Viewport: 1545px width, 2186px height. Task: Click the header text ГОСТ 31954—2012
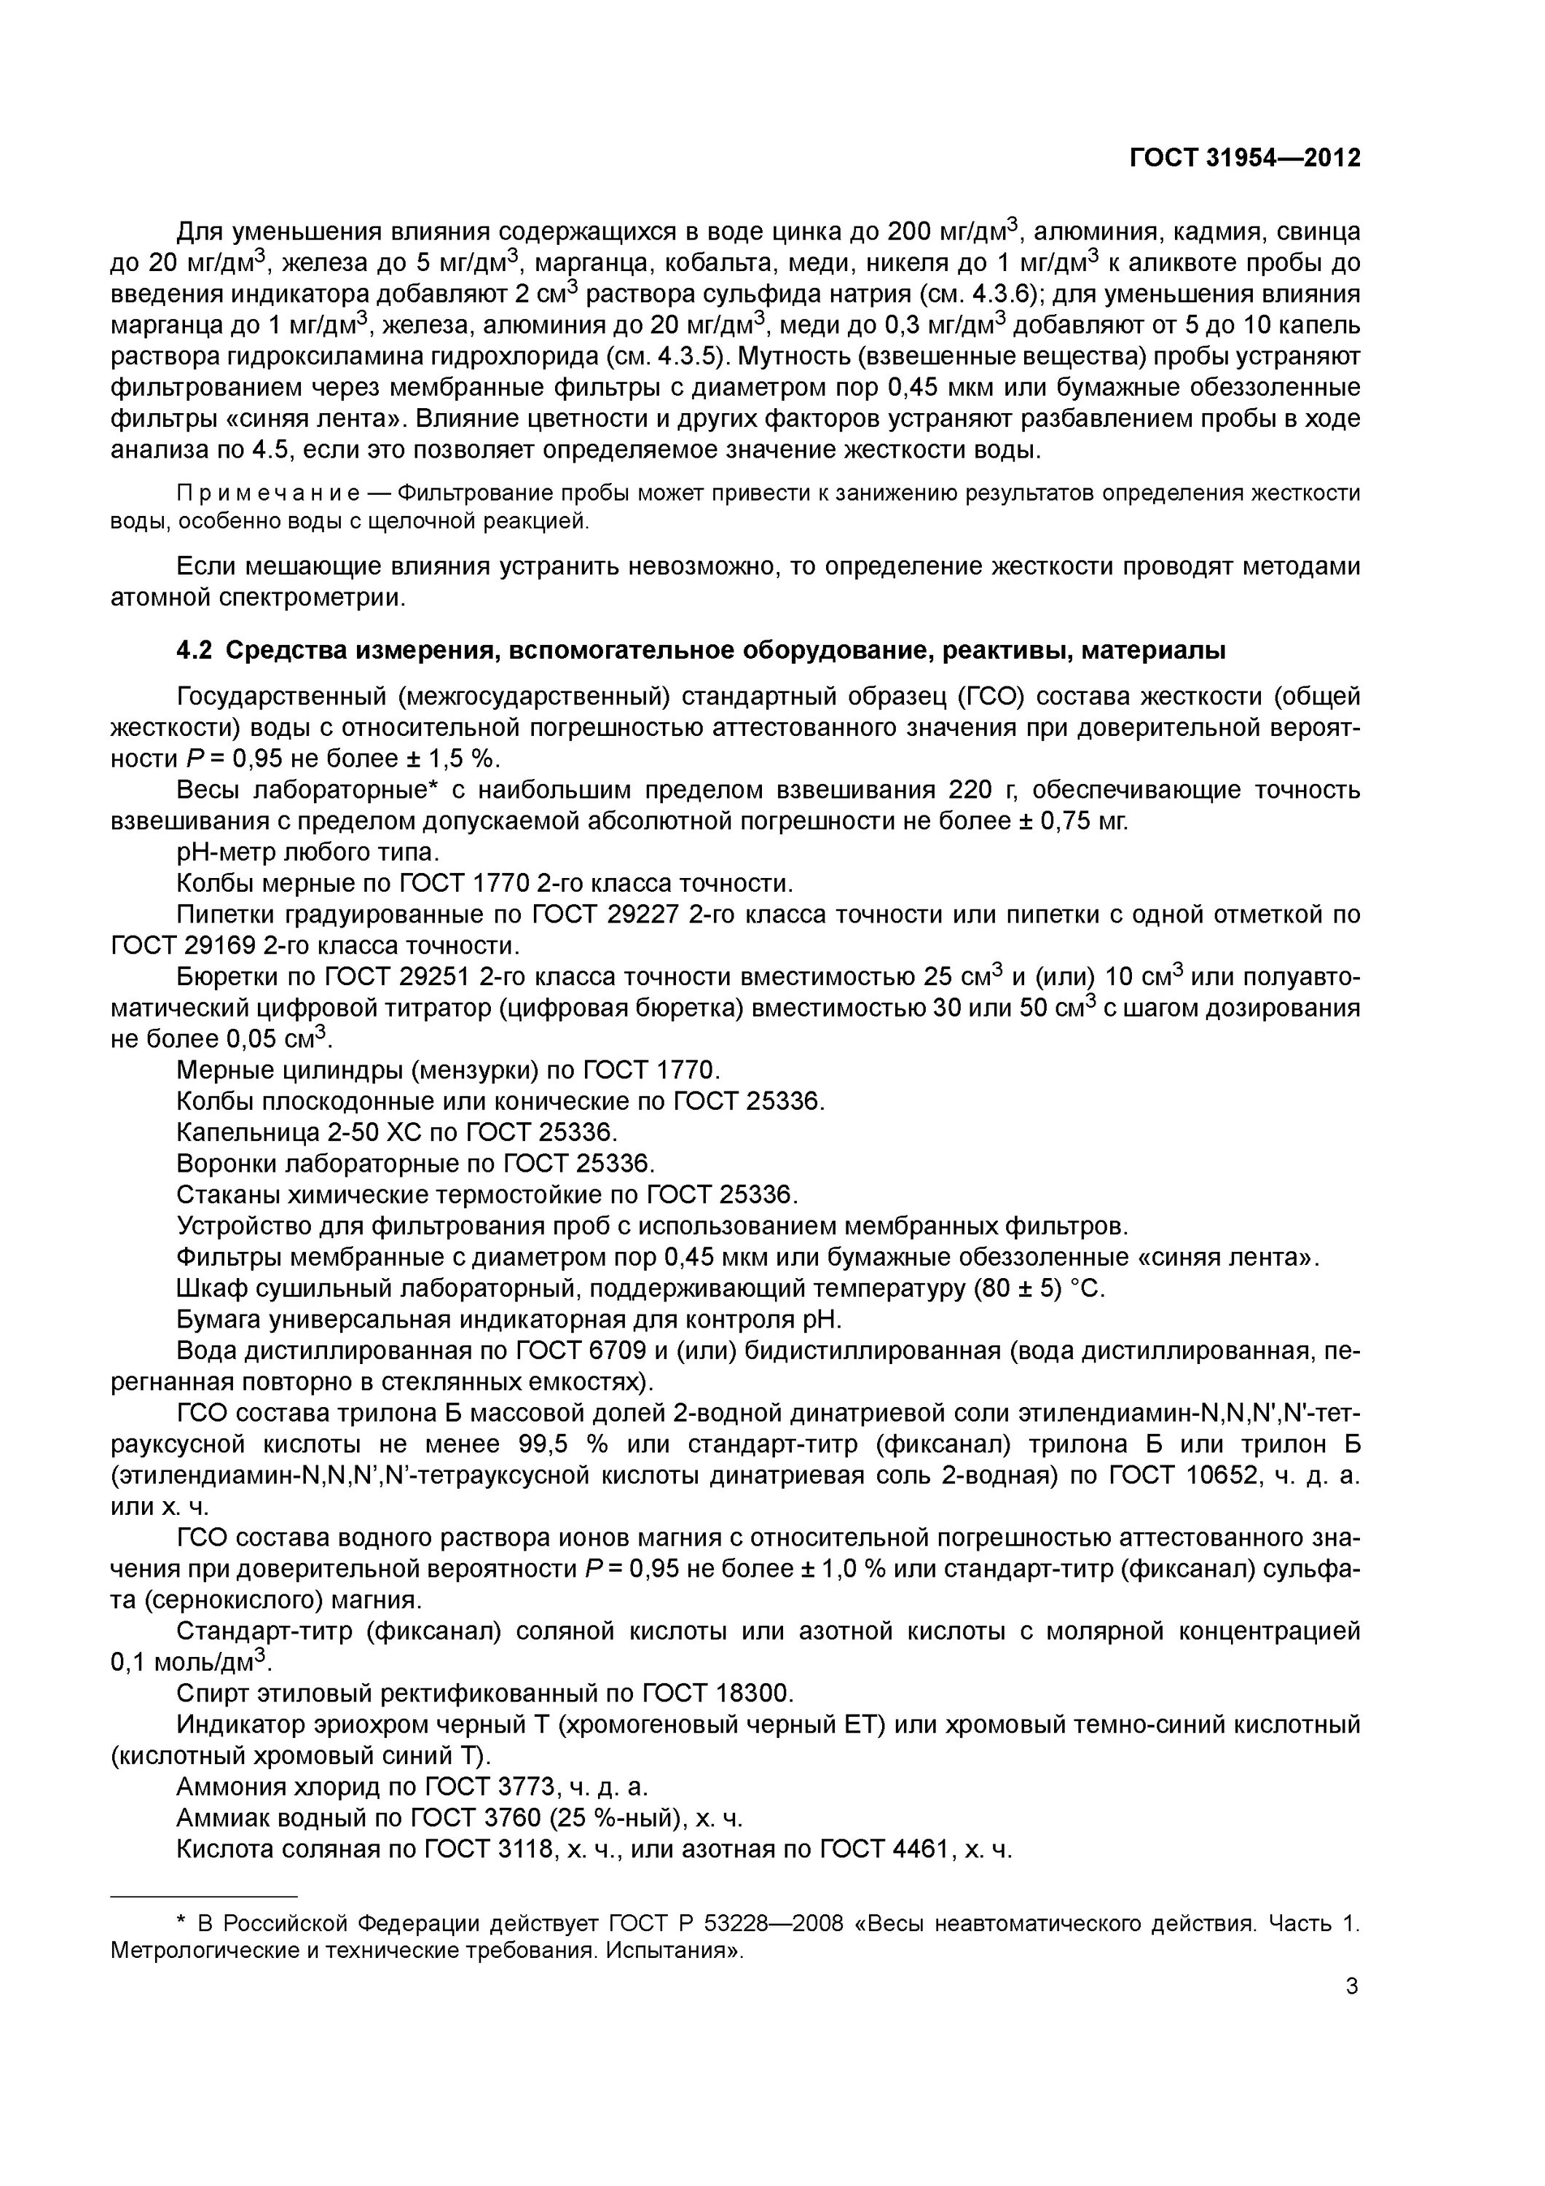tap(1244, 158)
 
